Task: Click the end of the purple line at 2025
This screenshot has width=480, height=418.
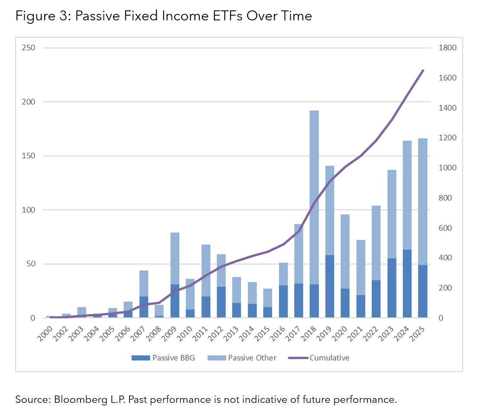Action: coord(423,71)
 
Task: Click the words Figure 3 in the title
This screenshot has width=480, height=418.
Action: coord(39,16)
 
